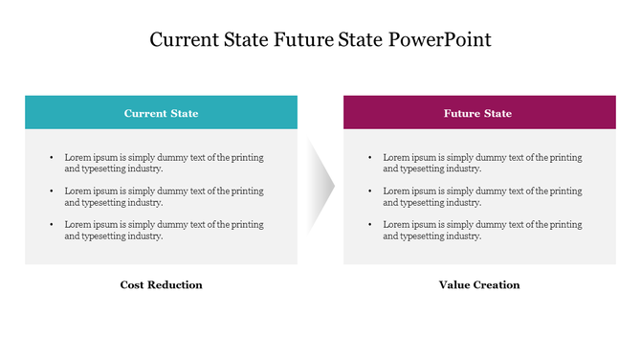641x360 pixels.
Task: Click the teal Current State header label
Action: point(161,113)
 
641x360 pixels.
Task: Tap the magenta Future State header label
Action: point(477,113)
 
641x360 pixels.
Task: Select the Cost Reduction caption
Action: point(161,284)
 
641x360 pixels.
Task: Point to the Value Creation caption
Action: point(479,284)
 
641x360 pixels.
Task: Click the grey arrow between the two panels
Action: point(320,181)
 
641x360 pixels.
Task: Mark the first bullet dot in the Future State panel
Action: point(369,157)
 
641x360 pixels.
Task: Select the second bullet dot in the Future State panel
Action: point(369,191)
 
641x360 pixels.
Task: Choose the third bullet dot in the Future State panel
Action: point(369,224)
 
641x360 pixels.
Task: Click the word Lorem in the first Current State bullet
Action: point(77,157)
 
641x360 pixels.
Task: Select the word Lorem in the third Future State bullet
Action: point(396,224)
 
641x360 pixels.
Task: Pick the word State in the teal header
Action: point(184,113)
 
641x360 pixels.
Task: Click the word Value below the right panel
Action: point(453,284)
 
